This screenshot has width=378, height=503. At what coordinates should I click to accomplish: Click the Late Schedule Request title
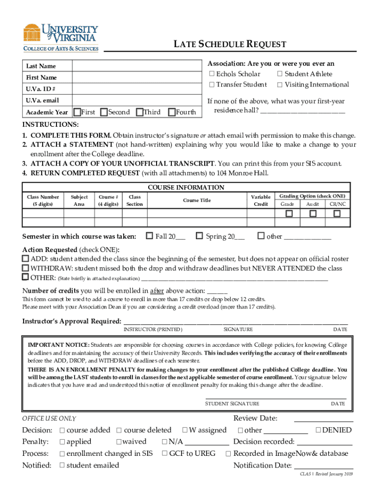(230, 45)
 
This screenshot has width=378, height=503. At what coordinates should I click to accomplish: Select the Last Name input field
(136, 66)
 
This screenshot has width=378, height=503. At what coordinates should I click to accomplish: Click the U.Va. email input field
(136, 101)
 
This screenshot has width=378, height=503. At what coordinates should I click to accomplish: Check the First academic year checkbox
(77, 112)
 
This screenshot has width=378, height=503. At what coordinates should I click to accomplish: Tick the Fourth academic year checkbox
(171, 112)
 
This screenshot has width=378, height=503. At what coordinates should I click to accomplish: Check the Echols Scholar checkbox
(212, 74)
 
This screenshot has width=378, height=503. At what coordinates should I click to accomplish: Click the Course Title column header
(197, 200)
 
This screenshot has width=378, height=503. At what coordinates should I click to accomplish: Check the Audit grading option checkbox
(313, 214)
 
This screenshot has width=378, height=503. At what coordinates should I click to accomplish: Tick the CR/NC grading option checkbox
(337, 214)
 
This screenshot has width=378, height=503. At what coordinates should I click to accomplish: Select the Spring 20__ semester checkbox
(199, 236)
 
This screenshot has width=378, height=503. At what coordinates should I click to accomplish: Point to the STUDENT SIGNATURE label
(232, 404)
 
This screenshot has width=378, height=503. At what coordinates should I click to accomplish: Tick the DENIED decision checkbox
(318, 430)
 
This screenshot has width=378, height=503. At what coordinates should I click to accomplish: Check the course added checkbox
(62, 430)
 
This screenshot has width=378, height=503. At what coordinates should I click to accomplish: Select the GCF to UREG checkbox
(165, 454)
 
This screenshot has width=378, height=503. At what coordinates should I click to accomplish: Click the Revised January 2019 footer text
(326, 475)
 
